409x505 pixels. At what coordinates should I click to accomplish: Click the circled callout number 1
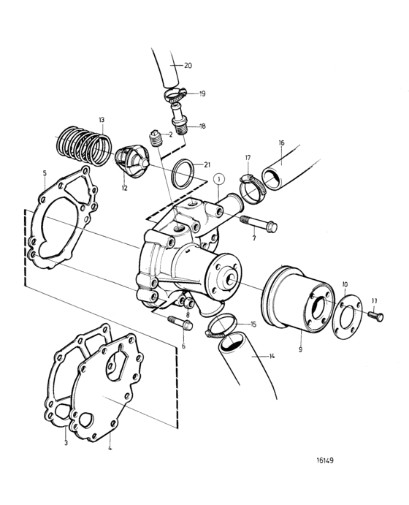(x=219, y=179)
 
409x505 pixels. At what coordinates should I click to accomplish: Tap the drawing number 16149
(x=325, y=460)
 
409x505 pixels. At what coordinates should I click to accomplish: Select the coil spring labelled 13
(x=84, y=144)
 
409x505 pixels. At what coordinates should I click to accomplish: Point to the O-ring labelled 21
(x=183, y=174)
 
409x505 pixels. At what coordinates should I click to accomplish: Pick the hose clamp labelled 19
(x=176, y=94)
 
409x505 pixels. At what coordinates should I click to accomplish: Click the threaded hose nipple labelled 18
(x=180, y=119)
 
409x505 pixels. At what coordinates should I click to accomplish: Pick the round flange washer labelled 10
(x=347, y=312)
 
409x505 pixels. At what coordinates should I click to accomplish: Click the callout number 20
(x=188, y=65)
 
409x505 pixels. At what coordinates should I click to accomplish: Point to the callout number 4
(x=110, y=448)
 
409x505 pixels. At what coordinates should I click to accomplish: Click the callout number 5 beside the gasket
(x=45, y=173)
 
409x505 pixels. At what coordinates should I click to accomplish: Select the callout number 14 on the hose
(x=272, y=356)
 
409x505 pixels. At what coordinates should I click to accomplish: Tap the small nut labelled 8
(x=186, y=302)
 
